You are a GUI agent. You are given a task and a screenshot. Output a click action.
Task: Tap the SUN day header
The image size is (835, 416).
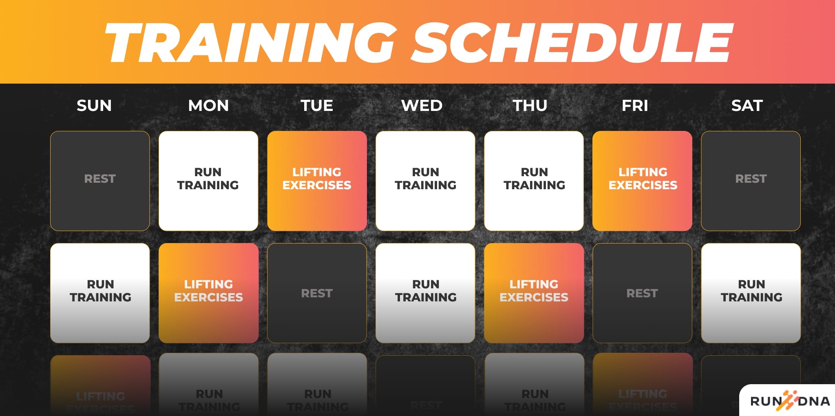coord(94,106)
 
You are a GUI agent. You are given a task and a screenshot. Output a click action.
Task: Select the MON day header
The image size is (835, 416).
coord(208,106)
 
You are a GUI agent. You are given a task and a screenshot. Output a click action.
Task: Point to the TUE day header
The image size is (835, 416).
coord(317,106)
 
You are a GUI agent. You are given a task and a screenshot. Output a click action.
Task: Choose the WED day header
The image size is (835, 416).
coord(422,106)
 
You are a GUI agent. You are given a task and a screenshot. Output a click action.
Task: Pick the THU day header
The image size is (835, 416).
coord(530,106)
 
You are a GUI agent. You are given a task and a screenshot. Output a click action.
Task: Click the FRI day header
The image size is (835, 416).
coord(635,106)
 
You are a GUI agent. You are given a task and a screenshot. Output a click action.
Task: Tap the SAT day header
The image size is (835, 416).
coord(747,106)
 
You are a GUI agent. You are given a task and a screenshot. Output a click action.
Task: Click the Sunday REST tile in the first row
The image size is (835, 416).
coord(100,181)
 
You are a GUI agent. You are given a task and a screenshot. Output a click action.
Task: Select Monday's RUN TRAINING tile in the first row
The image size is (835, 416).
coord(208,181)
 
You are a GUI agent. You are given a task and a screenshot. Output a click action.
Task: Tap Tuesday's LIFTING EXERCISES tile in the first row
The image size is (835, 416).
coord(317,181)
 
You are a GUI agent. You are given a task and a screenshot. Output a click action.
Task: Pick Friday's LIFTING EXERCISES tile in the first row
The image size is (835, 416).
coord(642,181)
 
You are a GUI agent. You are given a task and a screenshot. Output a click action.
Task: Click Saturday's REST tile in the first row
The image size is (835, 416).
coord(751,181)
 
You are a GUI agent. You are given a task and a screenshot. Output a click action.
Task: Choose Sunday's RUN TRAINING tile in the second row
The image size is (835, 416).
coord(100,293)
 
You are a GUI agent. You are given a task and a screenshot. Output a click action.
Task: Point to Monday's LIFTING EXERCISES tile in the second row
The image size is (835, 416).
coord(208,293)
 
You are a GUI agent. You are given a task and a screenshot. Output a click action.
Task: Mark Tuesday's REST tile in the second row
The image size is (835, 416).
coord(317,293)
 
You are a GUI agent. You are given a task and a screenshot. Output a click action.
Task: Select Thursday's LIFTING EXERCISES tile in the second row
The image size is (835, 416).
coord(534,293)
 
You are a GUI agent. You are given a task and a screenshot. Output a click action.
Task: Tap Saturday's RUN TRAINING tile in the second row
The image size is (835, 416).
coord(751,293)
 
